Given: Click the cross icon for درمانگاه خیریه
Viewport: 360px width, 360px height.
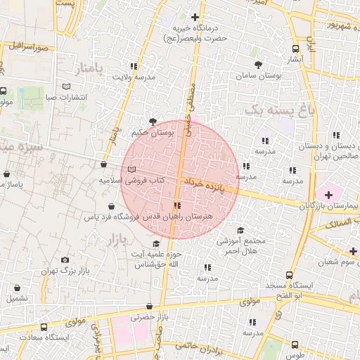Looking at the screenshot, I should tap(195, 17).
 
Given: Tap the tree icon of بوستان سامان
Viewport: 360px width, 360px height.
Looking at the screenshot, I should tap(259, 64).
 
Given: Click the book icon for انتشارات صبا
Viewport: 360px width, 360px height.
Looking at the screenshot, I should tap(66, 86).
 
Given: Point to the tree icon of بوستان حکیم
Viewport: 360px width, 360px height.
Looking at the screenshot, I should tap(153, 122).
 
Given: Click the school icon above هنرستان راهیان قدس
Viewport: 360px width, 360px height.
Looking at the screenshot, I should tap(176, 206).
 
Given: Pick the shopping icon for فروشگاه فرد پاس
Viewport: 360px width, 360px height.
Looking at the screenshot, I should tap(112, 207).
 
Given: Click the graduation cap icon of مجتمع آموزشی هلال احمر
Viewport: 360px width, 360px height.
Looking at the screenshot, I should tap(240, 230).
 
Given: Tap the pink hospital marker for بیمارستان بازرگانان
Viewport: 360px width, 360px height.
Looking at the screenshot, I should tap(328, 193).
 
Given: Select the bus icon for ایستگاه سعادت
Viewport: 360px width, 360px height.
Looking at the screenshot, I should tap(44, 328).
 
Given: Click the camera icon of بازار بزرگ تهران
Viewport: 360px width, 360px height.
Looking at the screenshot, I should tap(66, 260).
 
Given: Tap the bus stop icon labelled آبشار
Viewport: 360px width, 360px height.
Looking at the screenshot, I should tap(295, 49).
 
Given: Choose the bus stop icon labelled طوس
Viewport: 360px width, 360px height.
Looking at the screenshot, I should tap(295, 344).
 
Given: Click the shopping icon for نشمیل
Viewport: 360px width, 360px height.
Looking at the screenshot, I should tap(17, 288).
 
